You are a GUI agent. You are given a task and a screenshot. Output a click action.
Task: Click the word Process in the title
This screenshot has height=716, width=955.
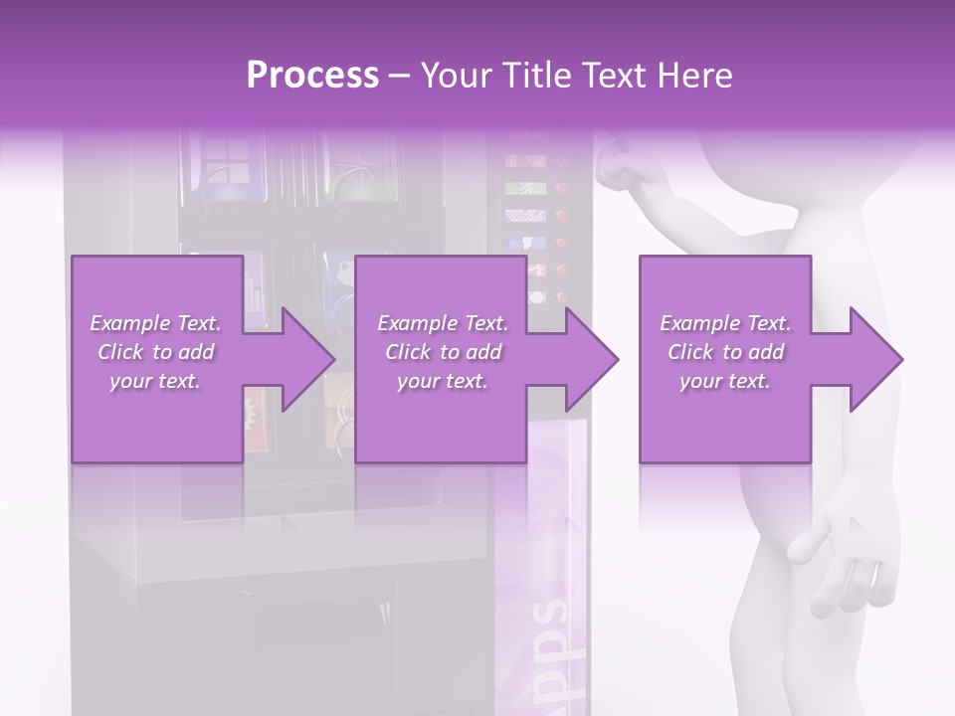pyautogui.click(x=312, y=76)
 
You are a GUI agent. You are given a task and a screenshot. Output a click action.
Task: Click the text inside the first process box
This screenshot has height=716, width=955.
pyautogui.click(x=155, y=352)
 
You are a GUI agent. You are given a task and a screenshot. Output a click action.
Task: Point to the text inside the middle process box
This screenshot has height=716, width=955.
pyautogui.click(x=442, y=352)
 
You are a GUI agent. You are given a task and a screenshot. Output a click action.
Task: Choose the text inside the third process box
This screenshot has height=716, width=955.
pyautogui.click(x=724, y=352)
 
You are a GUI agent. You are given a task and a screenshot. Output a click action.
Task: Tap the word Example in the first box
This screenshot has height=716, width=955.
pyautogui.click(x=129, y=323)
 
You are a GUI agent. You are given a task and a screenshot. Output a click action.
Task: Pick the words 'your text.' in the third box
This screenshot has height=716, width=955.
pyautogui.click(x=724, y=381)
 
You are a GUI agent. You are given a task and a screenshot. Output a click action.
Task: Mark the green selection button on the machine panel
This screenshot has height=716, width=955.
pyautogui.click(x=517, y=187)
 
